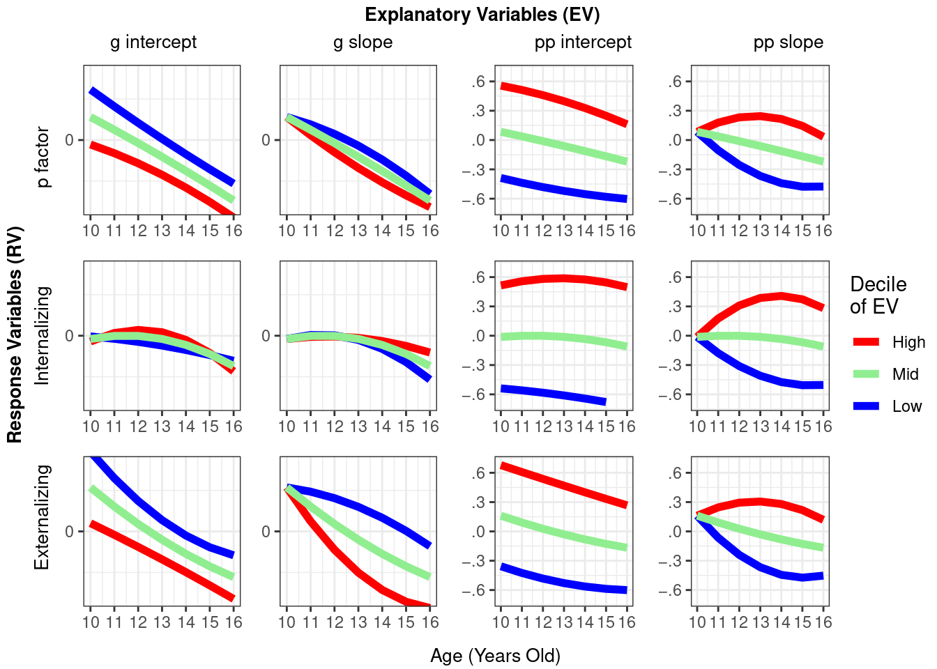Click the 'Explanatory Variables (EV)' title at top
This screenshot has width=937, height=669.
click(x=482, y=15)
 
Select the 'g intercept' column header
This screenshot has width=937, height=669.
click(x=153, y=43)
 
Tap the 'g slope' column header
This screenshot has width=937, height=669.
click(x=363, y=43)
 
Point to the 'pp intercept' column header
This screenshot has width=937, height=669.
click(x=583, y=43)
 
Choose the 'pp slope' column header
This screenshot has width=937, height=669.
click(x=788, y=43)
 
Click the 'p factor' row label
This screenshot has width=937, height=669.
click(x=43, y=157)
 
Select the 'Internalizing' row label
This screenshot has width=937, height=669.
click(x=43, y=335)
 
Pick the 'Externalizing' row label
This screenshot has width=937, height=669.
click(x=43, y=517)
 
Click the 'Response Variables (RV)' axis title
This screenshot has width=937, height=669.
click(x=15, y=334)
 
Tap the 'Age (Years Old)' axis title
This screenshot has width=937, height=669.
click(x=495, y=656)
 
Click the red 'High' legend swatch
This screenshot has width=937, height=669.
click(x=867, y=342)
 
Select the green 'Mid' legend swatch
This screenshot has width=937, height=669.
click(x=867, y=374)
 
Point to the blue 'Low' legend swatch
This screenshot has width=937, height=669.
click(x=867, y=406)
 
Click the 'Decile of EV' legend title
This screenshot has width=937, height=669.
click(x=877, y=295)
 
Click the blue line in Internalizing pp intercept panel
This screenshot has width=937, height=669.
click(x=551, y=394)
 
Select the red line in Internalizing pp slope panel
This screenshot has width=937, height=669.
click(x=760, y=298)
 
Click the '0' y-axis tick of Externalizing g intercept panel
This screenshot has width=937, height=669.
click(x=70, y=532)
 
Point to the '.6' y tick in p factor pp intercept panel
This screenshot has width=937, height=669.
click(x=478, y=82)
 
